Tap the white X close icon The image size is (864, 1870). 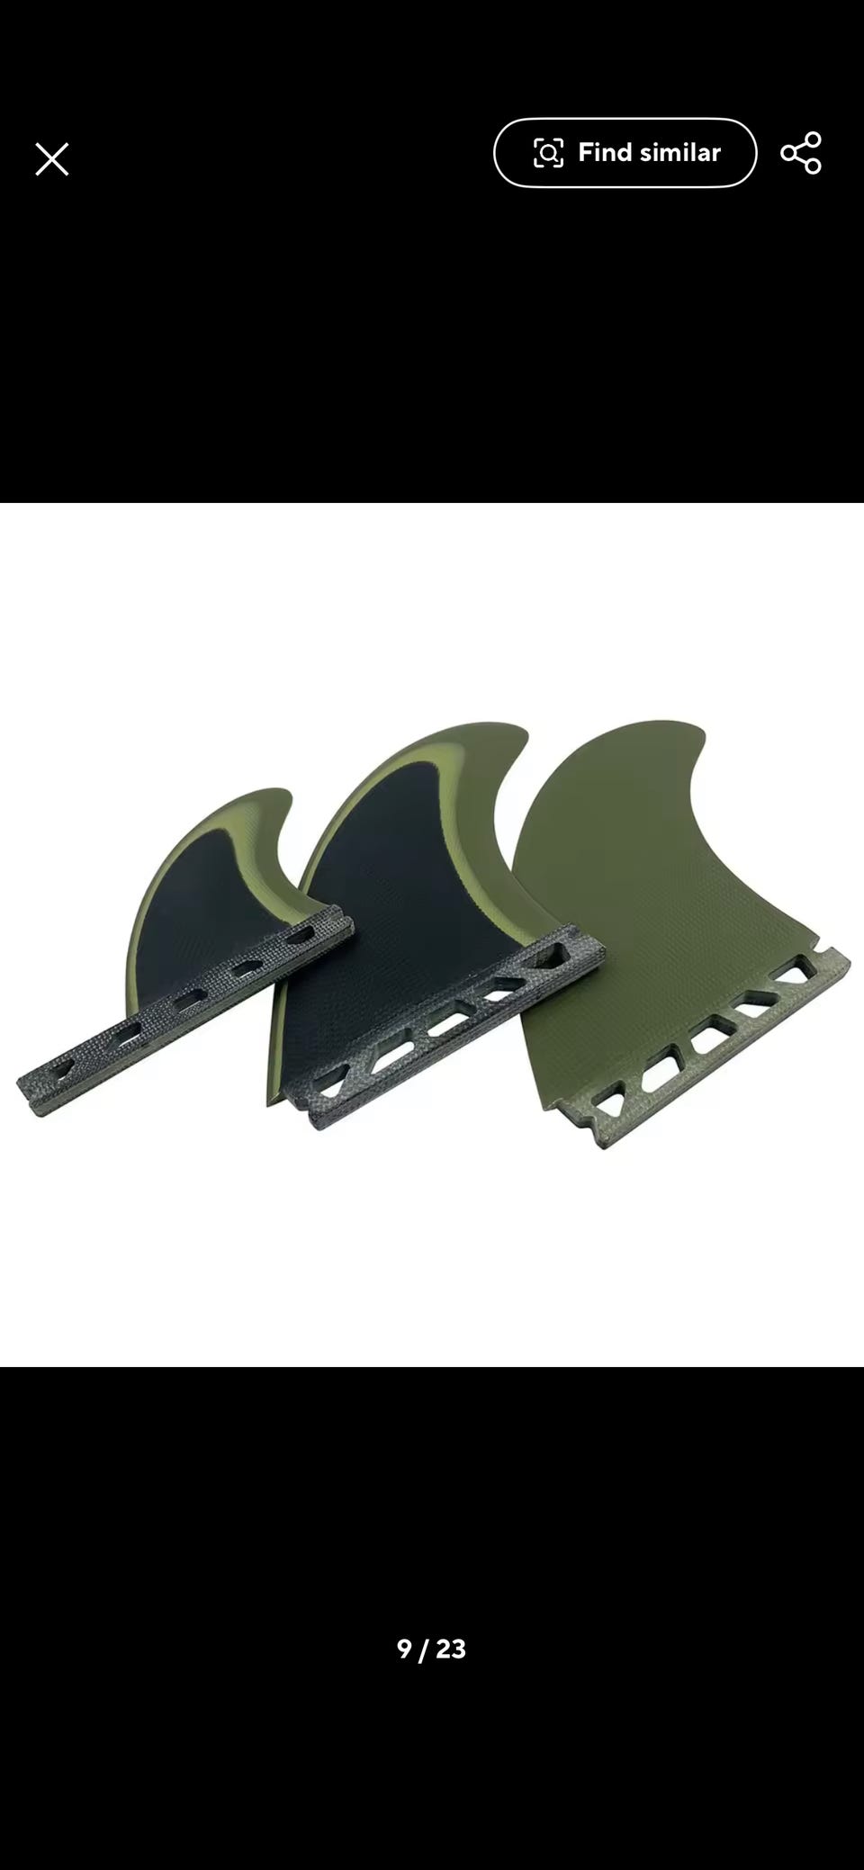(51, 159)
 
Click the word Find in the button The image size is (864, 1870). (605, 152)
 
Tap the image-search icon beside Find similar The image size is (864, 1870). (548, 153)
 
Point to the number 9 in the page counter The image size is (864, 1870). (404, 1649)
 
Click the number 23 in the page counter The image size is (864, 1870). (451, 1649)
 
